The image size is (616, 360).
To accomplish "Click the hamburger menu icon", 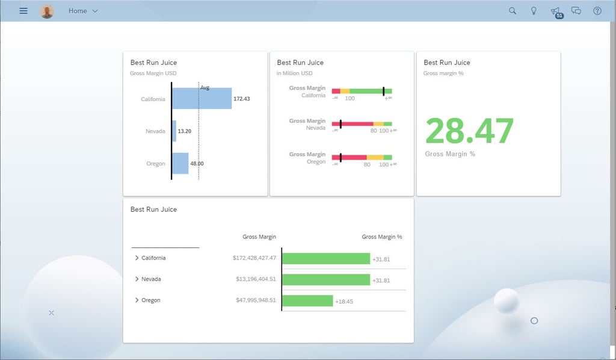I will click(x=23, y=11).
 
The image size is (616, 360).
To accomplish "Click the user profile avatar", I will click(x=47, y=11).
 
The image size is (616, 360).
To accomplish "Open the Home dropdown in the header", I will click(x=83, y=11).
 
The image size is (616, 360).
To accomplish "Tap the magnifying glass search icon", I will click(x=513, y=11).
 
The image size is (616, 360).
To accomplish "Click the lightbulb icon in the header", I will click(x=534, y=11).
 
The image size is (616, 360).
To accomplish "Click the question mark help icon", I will click(x=597, y=11).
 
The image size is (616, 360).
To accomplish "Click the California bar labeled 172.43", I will click(x=202, y=99).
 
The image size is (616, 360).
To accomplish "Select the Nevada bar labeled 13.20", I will click(x=174, y=131).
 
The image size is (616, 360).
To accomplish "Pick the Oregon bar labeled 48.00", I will click(x=180, y=163).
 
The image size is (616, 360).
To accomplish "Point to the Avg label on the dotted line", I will click(x=205, y=88).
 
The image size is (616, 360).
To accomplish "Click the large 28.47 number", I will click(x=469, y=131).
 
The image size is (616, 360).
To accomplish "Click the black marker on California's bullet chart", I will click(x=383, y=91).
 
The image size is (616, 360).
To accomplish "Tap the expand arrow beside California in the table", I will click(x=137, y=258).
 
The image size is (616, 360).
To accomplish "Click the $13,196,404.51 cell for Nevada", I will click(x=256, y=279).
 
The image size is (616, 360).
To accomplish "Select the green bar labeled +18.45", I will click(x=307, y=300).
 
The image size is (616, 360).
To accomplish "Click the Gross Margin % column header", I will click(x=381, y=237).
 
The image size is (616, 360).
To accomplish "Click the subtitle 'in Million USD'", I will click(x=295, y=73).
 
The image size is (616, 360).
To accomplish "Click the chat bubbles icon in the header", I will click(x=576, y=11).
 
